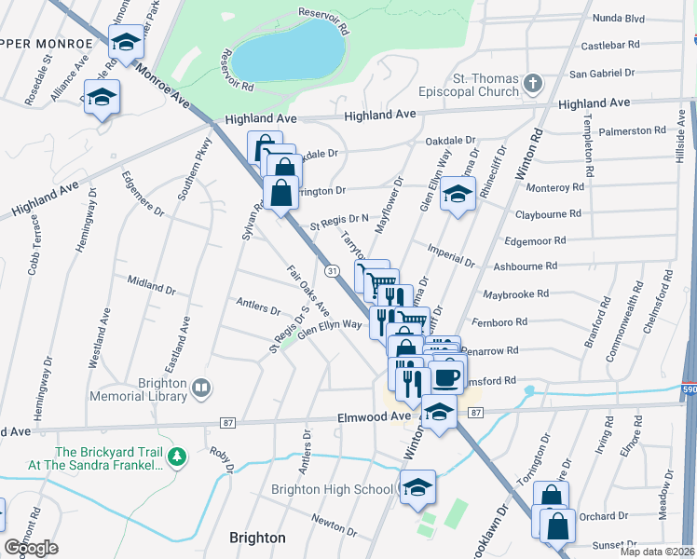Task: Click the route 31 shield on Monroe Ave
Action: [331, 269]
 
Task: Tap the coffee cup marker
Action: [446, 376]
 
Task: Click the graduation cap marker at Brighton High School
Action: [417, 486]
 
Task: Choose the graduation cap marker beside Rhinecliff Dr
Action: [456, 194]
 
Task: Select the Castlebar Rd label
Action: [609, 44]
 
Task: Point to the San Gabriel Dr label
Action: [601, 73]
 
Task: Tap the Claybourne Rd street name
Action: [547, 213]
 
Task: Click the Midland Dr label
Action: [145, 282]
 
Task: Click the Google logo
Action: [32, 547]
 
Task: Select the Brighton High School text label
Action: [332, 489]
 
